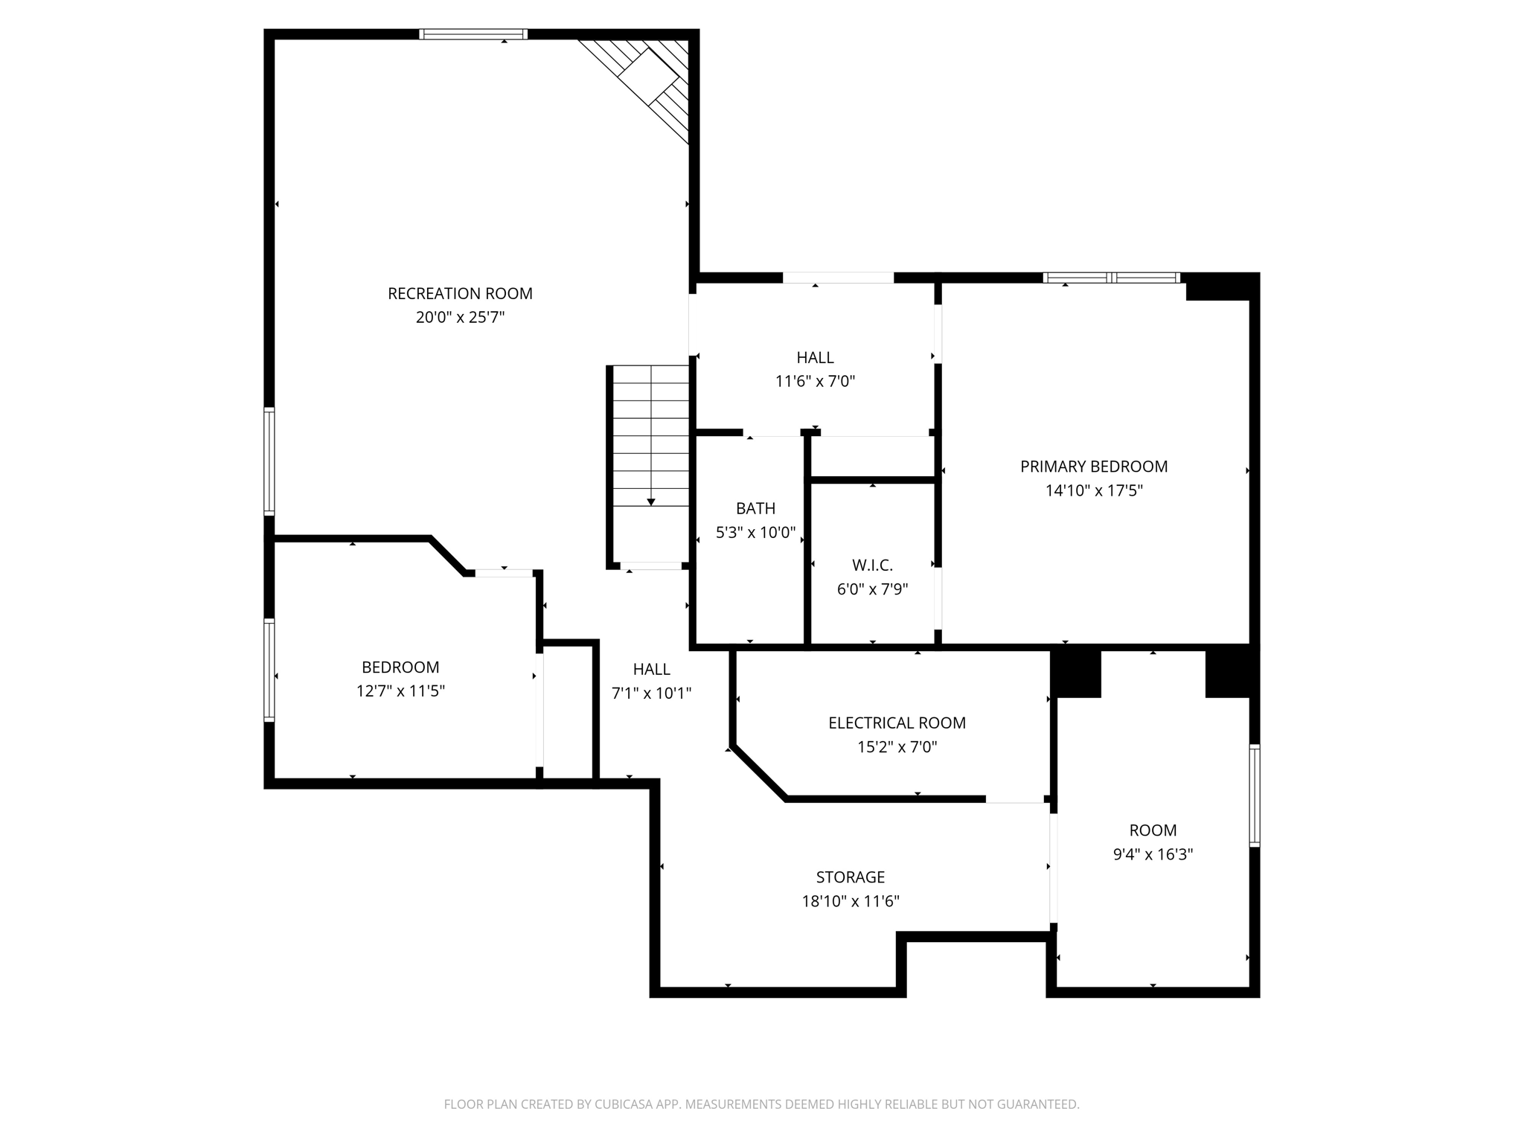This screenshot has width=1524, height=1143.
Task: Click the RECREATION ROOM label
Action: coord(460,293)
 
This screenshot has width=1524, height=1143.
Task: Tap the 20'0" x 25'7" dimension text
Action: coord(460,318)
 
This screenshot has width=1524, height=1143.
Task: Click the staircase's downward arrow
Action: coord(651,502)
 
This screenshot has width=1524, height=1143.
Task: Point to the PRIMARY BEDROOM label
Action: coord(1093,467)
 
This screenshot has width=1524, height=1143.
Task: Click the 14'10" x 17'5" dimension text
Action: coord(1093,490)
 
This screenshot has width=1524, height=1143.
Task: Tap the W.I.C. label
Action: coord(872,566)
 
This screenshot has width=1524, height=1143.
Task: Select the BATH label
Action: coord(755,508)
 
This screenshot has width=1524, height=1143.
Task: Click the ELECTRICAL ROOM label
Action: coord(897,723)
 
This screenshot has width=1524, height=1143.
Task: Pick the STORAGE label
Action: coord(850,877)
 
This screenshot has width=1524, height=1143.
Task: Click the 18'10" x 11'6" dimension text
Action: coord(850,901)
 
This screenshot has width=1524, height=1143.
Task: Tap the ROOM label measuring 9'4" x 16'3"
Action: coord(1153,830)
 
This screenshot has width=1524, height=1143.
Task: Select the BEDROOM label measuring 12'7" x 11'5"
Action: coord(400,667)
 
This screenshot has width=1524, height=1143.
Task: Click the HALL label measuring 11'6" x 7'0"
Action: coord(815,357)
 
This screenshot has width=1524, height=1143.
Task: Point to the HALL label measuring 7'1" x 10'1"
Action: coord(651,669)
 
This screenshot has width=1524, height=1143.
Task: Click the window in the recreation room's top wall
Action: coord(473,34)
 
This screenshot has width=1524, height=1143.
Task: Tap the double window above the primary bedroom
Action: coord(1111,278)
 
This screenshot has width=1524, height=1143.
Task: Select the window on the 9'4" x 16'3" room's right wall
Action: coord(1254,795)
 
